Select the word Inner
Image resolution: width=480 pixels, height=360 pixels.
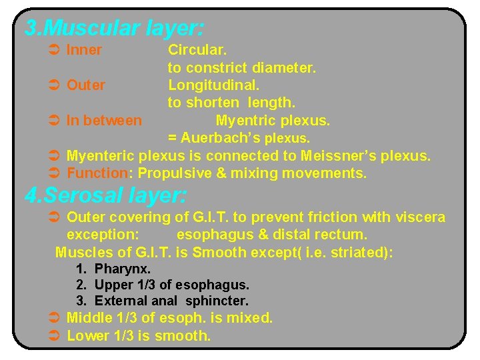pyautogui.click(x=84, y=50)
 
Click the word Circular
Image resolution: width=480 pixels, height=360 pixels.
pyautogui.click(x=197, y=50)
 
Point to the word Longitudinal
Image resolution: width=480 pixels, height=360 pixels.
pyautogui.click(x=213, y=85)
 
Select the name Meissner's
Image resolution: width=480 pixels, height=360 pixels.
pyautogui.click(x=337, y=156)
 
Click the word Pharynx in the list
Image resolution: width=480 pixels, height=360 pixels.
pyautogui.click(x=123, y=269)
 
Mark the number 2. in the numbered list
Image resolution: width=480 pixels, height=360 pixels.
pyautogui.click(x=82, y=285)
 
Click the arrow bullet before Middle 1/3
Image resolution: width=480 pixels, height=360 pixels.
pyautogui.click(x=56, y=318)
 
